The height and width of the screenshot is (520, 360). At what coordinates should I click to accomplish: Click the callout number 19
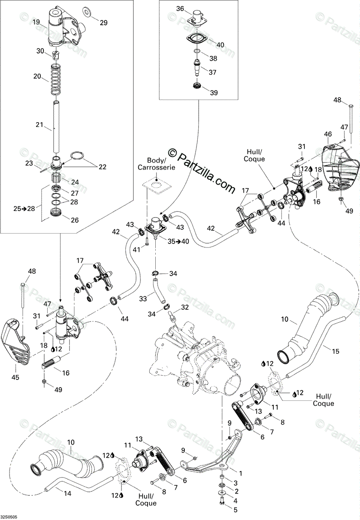click(x=36, y=22)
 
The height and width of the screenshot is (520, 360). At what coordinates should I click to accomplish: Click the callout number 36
click(x=180, y=9)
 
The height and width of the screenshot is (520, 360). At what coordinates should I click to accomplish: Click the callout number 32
click(x=185, y=307)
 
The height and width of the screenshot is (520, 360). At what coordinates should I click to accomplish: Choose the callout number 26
click(x=75, y=220)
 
